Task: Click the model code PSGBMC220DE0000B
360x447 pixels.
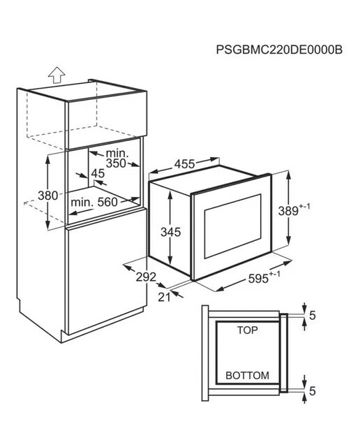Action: click(x=279, y=50)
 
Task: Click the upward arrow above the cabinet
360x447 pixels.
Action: click(x=57, y=75)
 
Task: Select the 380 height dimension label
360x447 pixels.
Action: click(x=47, y=196)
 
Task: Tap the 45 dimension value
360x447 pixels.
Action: click(x=98, y=173)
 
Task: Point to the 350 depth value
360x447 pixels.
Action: click(x=116, y=163)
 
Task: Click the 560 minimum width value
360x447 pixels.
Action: click(x=107, y=202)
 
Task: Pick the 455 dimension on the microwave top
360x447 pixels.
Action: click(x=185, y=164)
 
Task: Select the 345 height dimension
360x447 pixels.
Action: click(x=171, y=232)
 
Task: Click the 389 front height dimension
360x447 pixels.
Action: click(x=288, y=211)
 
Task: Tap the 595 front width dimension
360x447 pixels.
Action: click(x=258, y=279)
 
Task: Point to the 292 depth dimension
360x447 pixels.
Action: click(x=146, y=277)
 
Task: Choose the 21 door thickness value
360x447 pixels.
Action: click(x=164, y=298)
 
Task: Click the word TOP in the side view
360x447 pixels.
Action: click(x=248, y=330)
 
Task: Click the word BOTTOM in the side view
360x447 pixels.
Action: click(x=247, y=376)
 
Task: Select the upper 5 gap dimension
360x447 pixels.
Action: click(x=313, y=316)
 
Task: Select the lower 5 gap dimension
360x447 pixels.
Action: click(x=313, y=391)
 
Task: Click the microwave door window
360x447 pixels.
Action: click(x=233, y=226)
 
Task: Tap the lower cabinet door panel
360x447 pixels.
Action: click(x=106, y=272)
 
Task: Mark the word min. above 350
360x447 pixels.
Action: click(x=117, y=154)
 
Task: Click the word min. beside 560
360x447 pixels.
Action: click(x=82, y=202)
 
